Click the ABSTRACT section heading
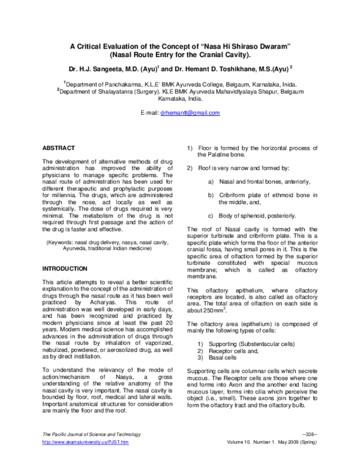click(58, 148)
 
